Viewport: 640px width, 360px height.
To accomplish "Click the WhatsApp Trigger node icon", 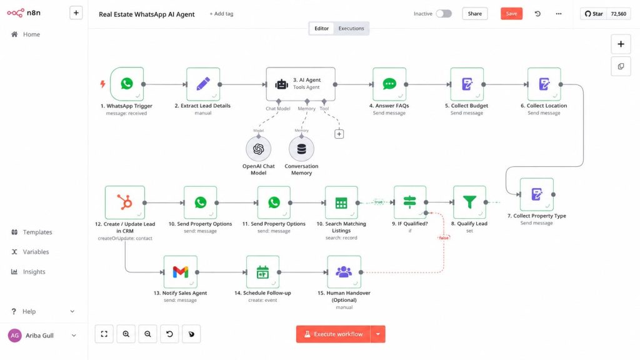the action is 127,84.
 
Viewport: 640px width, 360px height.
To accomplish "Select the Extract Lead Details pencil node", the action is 203,84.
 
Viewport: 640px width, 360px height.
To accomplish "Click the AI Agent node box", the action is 301,84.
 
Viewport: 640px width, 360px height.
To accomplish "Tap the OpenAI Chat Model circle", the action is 258,149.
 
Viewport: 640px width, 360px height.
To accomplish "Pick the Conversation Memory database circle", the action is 302,149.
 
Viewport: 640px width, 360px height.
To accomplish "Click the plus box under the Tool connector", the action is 339,134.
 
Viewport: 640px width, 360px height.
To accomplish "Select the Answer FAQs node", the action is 389,84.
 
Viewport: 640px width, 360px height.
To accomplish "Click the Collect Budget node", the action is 467,84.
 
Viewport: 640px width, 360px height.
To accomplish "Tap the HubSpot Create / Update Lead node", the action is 125,202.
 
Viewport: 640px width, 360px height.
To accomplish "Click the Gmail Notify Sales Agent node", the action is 181,272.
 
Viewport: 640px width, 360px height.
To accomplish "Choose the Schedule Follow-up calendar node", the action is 263,272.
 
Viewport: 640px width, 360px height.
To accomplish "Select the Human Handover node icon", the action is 344,272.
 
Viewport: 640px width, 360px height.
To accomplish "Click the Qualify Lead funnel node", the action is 469,202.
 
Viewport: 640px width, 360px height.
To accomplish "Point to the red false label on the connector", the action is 444,237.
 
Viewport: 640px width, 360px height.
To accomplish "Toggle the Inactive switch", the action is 444,14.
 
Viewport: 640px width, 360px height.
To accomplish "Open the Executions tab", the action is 351,28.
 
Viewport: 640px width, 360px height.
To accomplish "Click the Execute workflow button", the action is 334,334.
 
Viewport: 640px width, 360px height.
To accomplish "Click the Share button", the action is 475,14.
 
